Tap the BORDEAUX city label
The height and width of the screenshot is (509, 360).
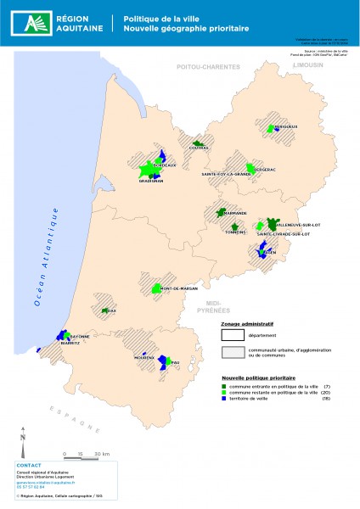pos(164,165)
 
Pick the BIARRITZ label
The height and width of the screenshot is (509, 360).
pos(70,344)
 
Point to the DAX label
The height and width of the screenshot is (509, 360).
pos(111,310)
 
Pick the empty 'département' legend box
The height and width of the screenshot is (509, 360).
pos(233,335)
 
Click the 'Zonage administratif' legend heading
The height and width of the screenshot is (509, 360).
pos(247,324)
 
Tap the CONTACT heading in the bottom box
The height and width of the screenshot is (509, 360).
pos(30,466)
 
